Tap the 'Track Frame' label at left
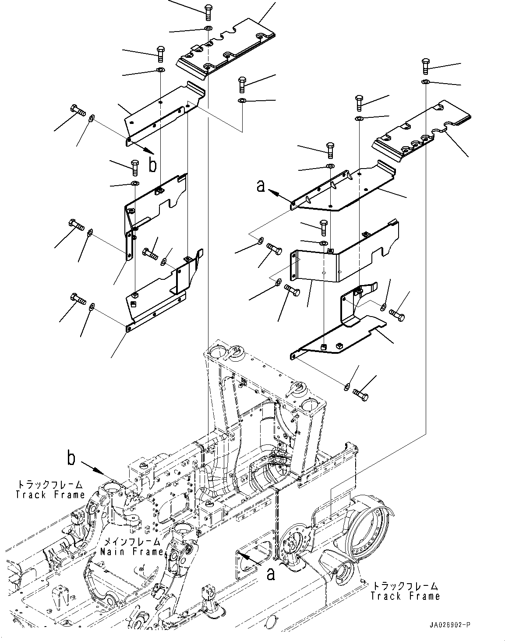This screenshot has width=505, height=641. (50, 495)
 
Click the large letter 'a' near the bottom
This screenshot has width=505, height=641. (271, 574)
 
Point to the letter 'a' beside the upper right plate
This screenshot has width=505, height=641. (261, 186)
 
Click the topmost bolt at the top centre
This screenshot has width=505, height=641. (208, 12)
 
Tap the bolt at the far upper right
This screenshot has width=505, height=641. (425, 67)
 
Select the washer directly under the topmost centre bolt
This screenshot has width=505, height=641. (208, 28)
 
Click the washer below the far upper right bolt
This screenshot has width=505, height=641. (425, 81)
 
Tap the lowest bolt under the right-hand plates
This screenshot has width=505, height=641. (360, 395)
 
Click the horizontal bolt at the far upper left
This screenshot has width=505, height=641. (78, 110)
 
